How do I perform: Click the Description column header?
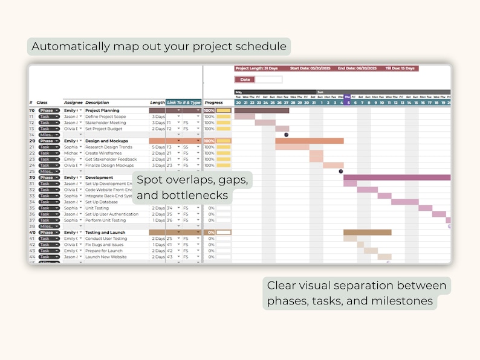pyautogui.click(x=98, y=103)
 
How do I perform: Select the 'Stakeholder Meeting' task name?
pyautogui.click(x=105, y=123)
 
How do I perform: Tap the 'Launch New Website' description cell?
pyautogui.click(x=106, y=257)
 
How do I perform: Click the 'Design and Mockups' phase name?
pyautogui.click(x=109, y=141)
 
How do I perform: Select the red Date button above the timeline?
pyautogui.click(x=245, y=79)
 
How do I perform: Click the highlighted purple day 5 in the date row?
pyautogui.click(x=348, y=103)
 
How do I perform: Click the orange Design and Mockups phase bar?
pyautogui.click(x=309, y=141)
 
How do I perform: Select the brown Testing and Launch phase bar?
pyautogui.click(x=367, y=233)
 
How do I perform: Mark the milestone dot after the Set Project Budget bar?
pyautogui.click(x=287, y=135)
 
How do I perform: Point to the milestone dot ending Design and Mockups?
pyautogui.click(x=341, y=172)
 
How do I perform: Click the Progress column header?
pyautogui.click(x=213, y=103)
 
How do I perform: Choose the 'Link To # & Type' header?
pyautogui.click(x=184, y=103)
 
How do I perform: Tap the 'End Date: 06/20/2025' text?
pyautogui.click(x=357, y=69)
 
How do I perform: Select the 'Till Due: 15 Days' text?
pyautogui.click(x=400, y=69)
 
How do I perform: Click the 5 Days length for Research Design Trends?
pyautogui.click(x=157, y=147)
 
